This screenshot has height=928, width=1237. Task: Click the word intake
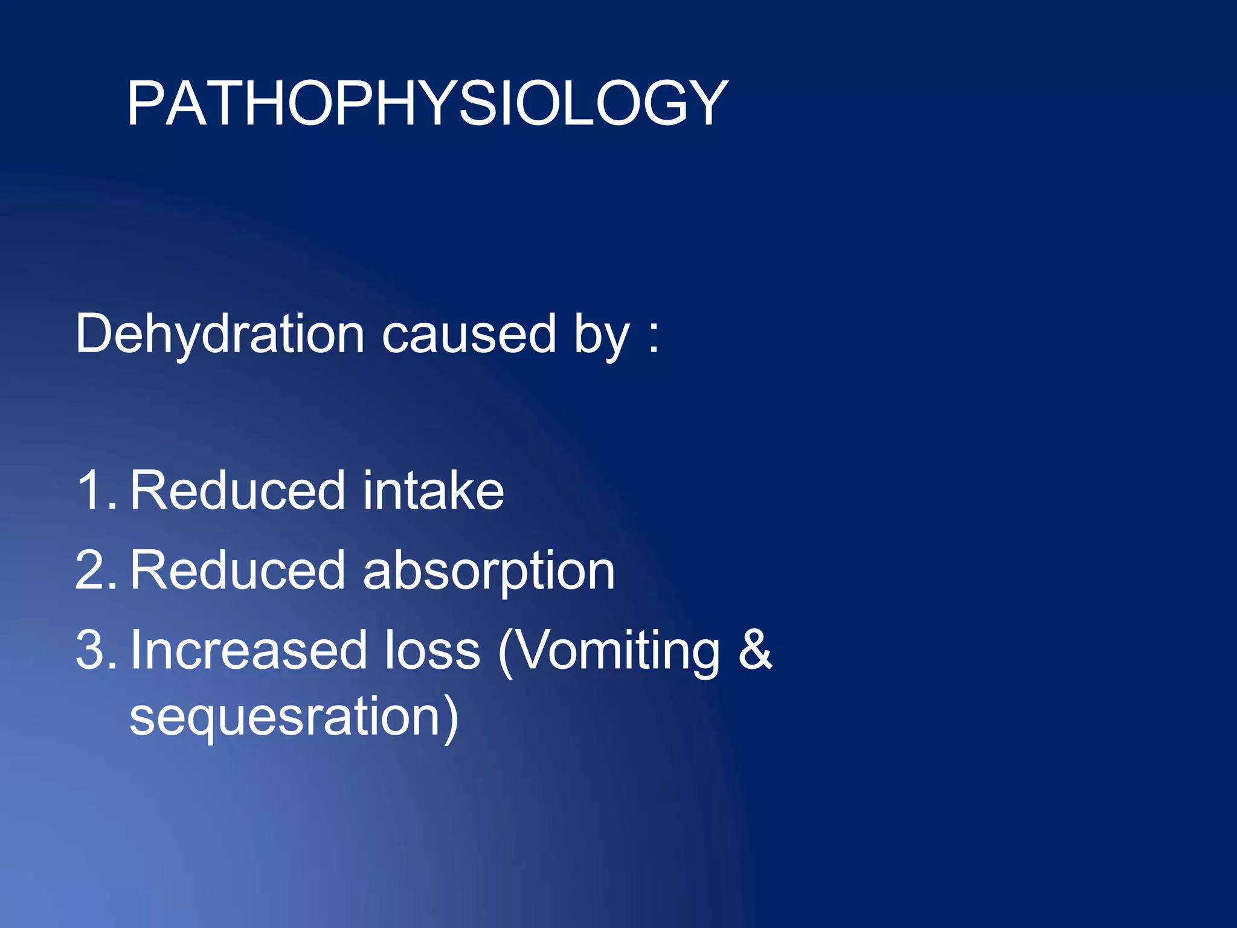(433, 490)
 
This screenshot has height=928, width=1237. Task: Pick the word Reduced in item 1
(237, 490)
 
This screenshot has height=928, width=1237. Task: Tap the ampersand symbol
(755, 650)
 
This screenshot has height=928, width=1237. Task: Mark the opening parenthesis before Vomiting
(506, 652)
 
